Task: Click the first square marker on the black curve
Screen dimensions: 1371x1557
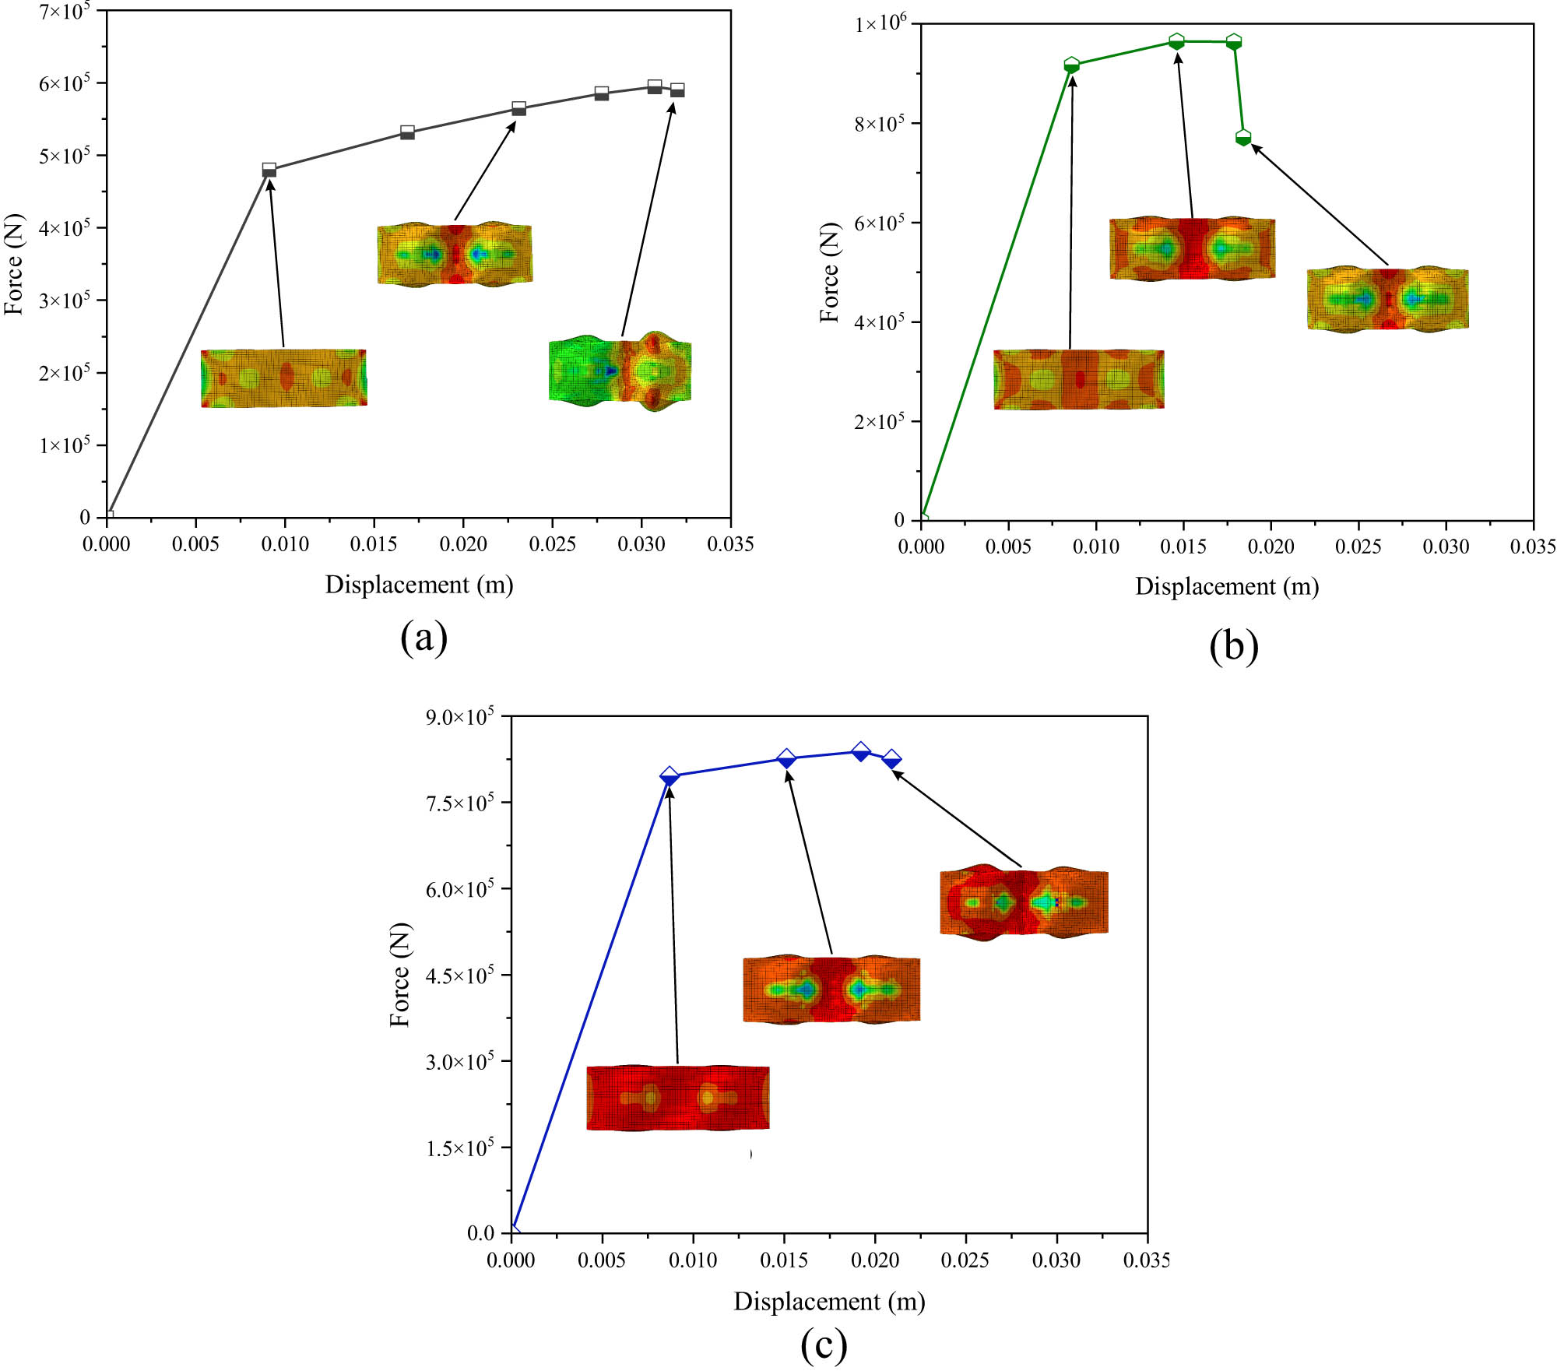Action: [x=269, y=170]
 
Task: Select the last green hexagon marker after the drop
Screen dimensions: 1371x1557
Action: [x=1243, y=137]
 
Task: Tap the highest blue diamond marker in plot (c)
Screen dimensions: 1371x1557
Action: [x=860, y=751]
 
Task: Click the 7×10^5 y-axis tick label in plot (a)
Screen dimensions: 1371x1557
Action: [x=65, y=11]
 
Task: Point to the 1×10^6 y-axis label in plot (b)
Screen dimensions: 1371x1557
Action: [x=880, y=24]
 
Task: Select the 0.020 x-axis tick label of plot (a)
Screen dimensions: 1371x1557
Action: [x=463, y=544]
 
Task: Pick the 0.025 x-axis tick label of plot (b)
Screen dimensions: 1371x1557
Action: [x=1358, y=547]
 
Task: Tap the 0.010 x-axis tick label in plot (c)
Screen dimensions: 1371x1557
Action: [x=693, y=1260]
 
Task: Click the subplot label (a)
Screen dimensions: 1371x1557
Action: [x=424, y=638]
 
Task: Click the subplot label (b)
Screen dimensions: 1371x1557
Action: [x=1234, y=645]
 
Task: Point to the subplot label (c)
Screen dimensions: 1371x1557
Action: [x=824, y=1345]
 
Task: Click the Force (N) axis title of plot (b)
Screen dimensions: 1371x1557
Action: [x=830, y=272]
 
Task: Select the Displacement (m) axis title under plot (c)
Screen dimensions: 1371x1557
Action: [x=829, y=1301]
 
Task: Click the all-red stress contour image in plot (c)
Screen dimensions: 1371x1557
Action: [x=677, y=1098]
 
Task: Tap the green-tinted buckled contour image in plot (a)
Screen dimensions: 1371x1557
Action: [x=620, y=371]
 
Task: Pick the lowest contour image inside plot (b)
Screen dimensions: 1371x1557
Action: [x=1078, y=379]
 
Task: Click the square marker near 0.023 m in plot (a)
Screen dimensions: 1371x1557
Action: [x=518, y=108]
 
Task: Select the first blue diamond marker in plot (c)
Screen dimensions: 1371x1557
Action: [x=670, y=775]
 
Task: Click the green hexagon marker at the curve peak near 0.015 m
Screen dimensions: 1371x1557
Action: [x=1176, y=40]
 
